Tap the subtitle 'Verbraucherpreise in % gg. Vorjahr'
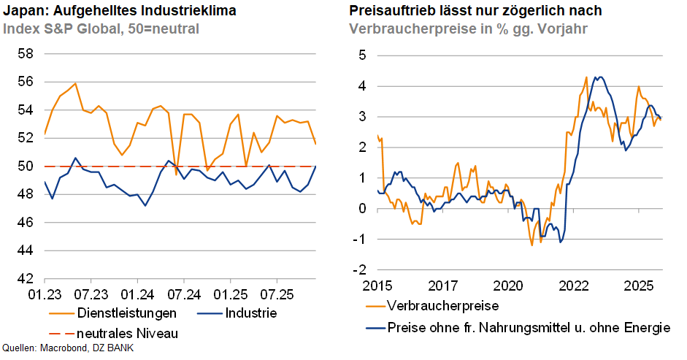469,29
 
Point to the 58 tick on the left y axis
26,54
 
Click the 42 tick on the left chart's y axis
26,279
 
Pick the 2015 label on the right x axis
377,284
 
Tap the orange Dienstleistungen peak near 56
76,83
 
